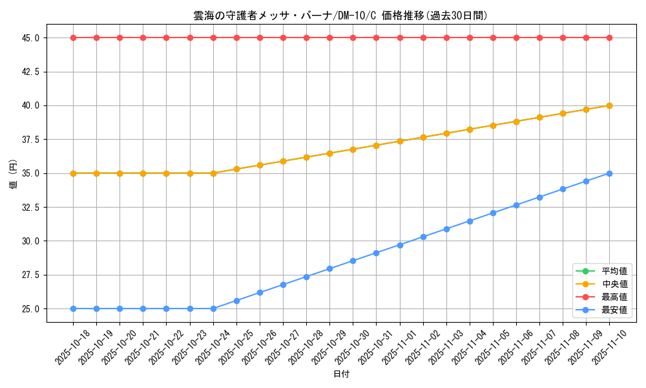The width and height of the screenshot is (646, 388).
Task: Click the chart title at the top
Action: tap(340, 16)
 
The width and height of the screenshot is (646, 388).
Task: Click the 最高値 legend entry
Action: tap(614, 297)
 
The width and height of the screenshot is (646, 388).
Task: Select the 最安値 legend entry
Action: tap(614, 310)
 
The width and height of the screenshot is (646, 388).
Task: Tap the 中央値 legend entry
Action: tap(614, 284)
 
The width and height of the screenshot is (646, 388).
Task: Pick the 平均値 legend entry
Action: tap(614, 271)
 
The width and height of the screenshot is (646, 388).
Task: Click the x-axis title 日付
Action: tap(341, 374)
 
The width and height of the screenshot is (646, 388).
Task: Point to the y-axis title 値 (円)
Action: tap(14, 173)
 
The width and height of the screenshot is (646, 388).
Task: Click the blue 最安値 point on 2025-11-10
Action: tap(609, 173)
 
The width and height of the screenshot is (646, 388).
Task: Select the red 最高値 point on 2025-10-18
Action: tap(73, 38)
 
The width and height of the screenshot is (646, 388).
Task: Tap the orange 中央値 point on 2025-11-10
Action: tap(609, 105)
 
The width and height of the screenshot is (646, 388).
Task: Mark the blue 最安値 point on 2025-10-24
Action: tap(213, 308)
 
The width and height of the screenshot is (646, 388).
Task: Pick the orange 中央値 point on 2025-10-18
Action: tap(73, 173)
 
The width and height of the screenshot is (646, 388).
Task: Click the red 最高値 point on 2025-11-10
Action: tap(609, 38)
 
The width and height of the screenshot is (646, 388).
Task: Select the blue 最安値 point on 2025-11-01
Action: tap(400, 245)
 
